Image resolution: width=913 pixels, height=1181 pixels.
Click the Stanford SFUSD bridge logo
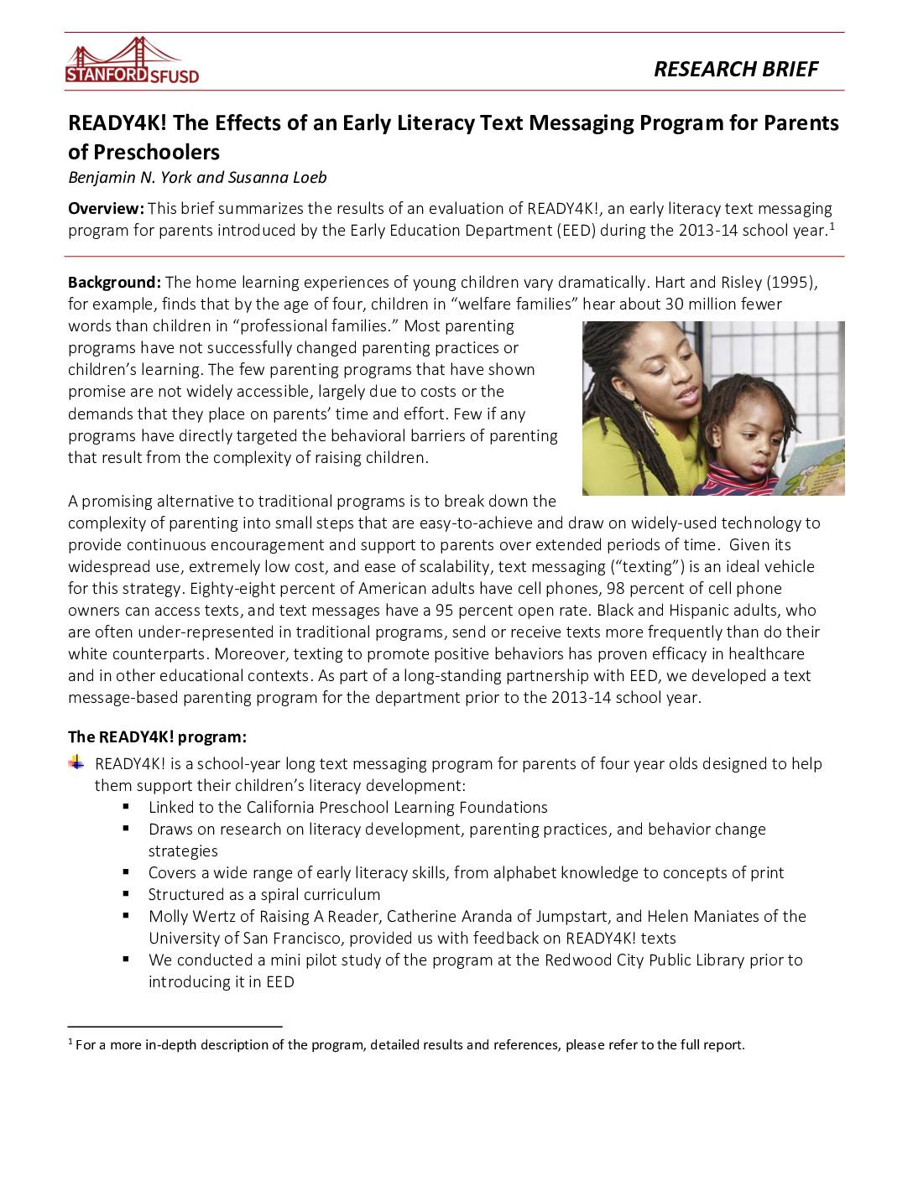pos(132,61)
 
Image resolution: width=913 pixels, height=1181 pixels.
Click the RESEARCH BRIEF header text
pos(735,69)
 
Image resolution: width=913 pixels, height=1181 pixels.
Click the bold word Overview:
pos(106,208)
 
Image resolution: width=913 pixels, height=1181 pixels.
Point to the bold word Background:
pos(114,282)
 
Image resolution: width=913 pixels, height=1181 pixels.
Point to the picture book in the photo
pos(814,466)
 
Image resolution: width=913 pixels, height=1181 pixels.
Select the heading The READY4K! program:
pos(157,736)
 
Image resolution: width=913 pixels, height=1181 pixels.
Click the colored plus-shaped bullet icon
pos(76,762)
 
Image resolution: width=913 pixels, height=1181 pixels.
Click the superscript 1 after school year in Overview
pos(832,226)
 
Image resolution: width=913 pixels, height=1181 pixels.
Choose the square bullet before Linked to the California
pos(126,806)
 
